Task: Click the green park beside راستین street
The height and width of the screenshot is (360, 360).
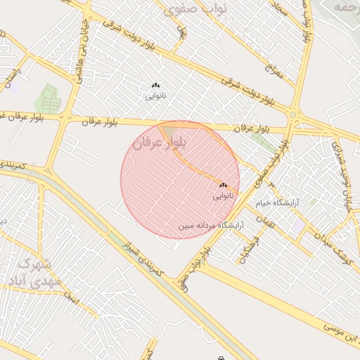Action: point(48,98)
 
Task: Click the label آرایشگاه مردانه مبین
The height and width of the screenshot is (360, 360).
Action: point(205,226)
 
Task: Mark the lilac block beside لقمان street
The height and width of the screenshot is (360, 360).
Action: point(300,225)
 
